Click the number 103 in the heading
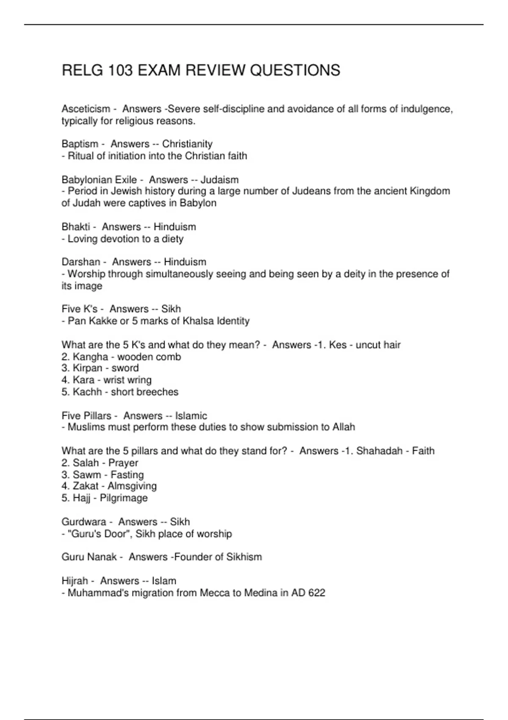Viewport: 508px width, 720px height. click(119, 70)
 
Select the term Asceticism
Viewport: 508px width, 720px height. click(86, 109)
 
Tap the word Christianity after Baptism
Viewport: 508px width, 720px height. click(187, 144)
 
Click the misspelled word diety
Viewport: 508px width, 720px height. click(173, 239)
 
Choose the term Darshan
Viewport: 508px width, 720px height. click(81, 262)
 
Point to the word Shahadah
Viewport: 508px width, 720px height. click(379, 451)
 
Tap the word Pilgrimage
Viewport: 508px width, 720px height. click(124, 498)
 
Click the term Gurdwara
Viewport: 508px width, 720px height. click(83, 522)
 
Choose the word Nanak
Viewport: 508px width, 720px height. click(102, 557)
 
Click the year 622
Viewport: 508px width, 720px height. click(317, 593)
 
